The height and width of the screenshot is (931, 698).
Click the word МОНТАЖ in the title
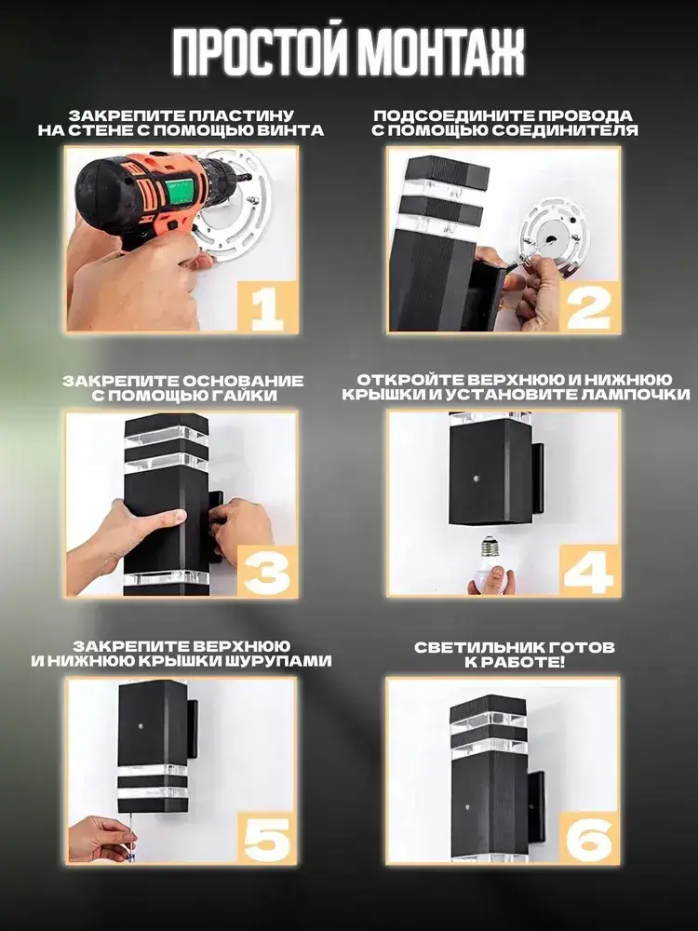tap(441, 51)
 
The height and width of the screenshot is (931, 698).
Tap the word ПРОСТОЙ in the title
tap(260, 51)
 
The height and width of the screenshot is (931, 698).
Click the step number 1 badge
tap(267, 307)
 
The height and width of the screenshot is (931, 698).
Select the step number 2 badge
tap(589, 307)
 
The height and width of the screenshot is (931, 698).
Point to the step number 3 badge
tap(267, 572)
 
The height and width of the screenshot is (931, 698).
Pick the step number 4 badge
tap(589, 572)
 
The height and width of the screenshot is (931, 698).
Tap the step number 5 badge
tap(267, 838)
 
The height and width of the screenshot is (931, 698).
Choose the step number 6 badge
tap(589, 838)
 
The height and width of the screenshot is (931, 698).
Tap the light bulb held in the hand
tap(490, 563)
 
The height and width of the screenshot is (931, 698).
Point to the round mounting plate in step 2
tap(553, 234)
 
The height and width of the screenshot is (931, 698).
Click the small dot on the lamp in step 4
tap(477, 478)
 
